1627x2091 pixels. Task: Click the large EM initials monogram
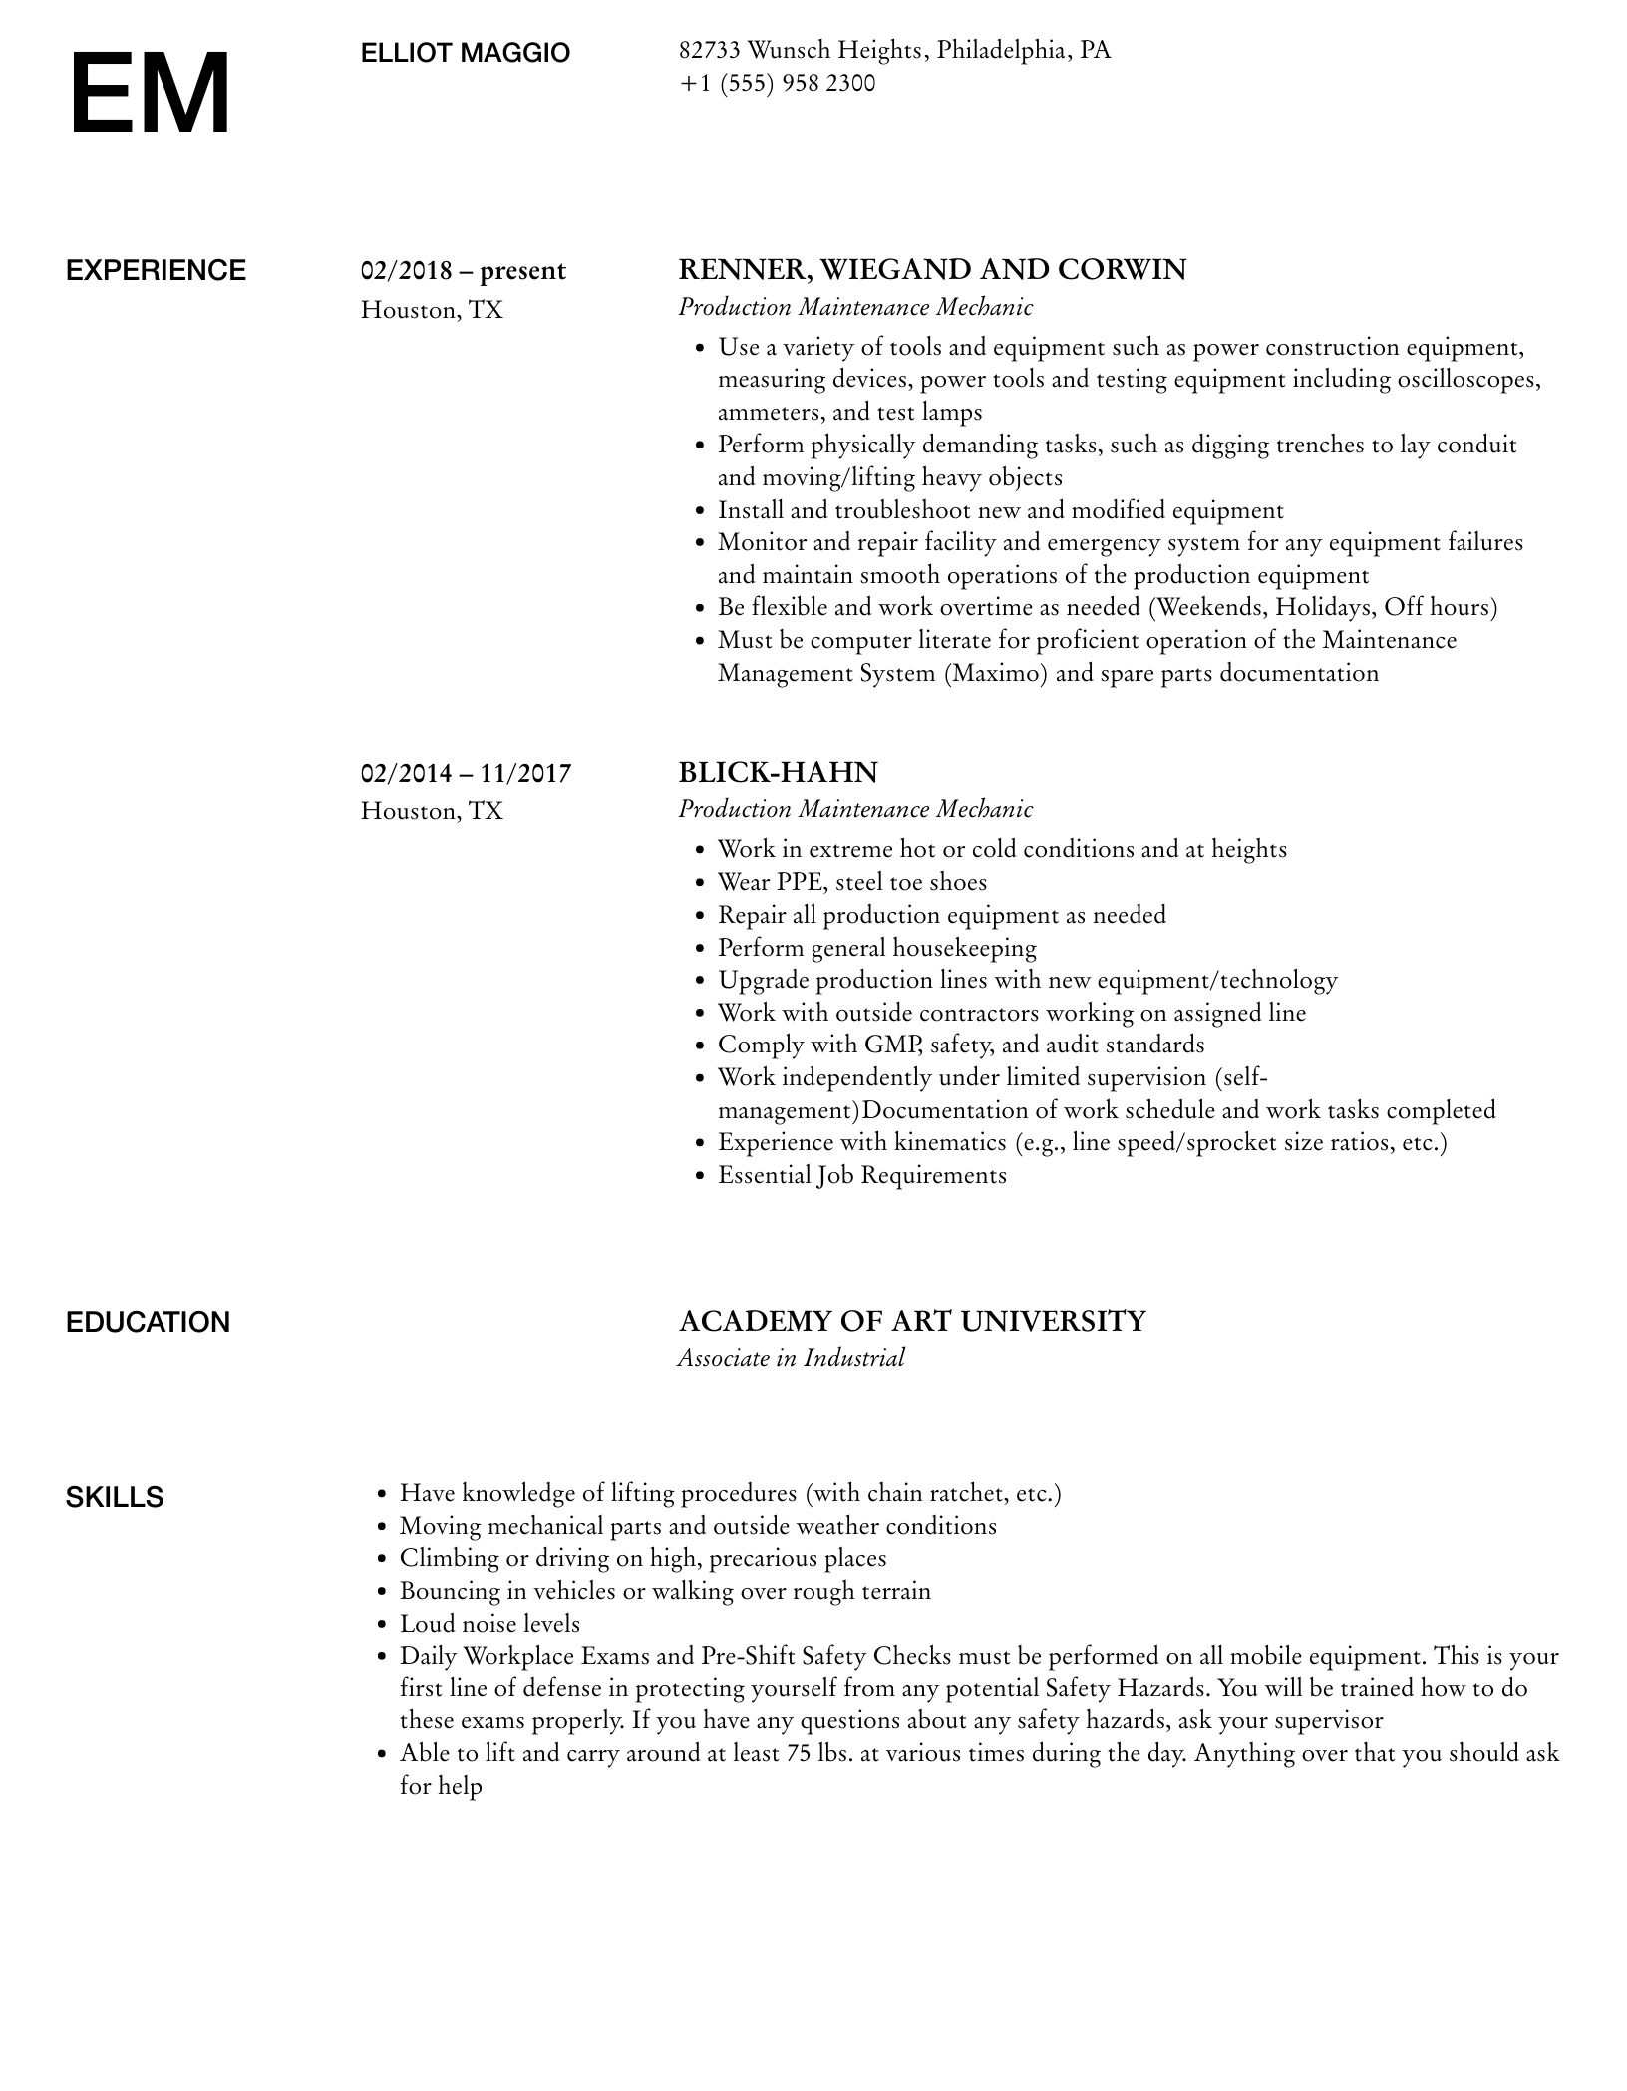(150, 94)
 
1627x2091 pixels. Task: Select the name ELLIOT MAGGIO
(465, 53)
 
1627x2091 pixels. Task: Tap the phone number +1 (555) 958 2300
(777, 83)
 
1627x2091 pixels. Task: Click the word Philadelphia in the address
(1000, 50)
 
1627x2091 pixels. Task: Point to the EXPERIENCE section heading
(156, 271)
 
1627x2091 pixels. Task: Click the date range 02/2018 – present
(463, 271)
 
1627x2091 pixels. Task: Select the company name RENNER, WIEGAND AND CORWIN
(932, 270)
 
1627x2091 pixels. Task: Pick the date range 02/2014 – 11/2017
(466, 773)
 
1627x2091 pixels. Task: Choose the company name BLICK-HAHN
(778, 773)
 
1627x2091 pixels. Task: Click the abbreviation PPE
(800, 882)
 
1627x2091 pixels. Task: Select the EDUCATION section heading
(148, 1323)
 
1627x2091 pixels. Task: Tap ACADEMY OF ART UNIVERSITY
(912, 1322)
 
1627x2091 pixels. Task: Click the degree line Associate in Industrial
(791, 1358)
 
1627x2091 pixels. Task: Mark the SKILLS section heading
(115, 1497)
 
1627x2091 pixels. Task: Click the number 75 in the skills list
(798, 1753)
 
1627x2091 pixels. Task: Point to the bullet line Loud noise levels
(489, 1624)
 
